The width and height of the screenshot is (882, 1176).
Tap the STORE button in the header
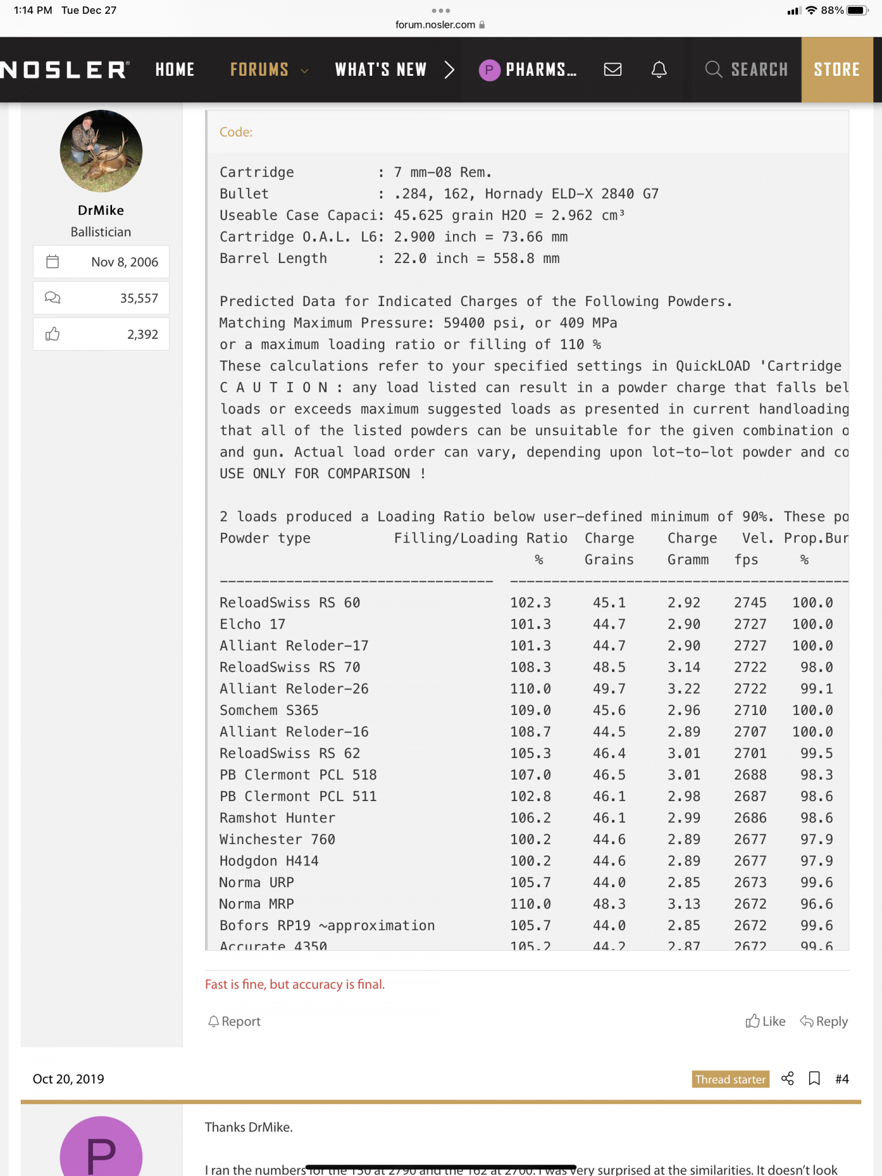(837, 69)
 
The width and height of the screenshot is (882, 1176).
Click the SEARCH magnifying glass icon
(714, 69)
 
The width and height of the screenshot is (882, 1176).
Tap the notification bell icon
(659, 69)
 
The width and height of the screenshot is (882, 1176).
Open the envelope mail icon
(613, 69)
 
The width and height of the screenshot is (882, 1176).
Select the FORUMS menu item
(260, 69)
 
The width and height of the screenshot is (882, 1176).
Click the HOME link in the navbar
(175, 69)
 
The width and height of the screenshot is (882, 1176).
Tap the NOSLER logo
(64, 69)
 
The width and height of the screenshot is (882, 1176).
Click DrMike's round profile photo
(101, 151)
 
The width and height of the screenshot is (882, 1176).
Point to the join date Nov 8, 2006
(124, 262)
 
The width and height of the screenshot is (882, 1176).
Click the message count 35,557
(138, 298)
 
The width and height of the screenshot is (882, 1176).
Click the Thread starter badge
(730, 1080)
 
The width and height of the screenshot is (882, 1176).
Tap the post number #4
(842, 1079)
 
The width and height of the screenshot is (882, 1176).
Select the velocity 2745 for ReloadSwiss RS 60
(750, 603)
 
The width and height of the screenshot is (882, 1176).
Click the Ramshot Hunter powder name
(277, 818)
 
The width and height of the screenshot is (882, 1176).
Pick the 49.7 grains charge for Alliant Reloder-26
(609, 688)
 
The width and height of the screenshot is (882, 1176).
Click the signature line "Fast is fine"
(295, 984)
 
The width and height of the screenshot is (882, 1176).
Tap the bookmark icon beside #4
(814, 1078)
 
